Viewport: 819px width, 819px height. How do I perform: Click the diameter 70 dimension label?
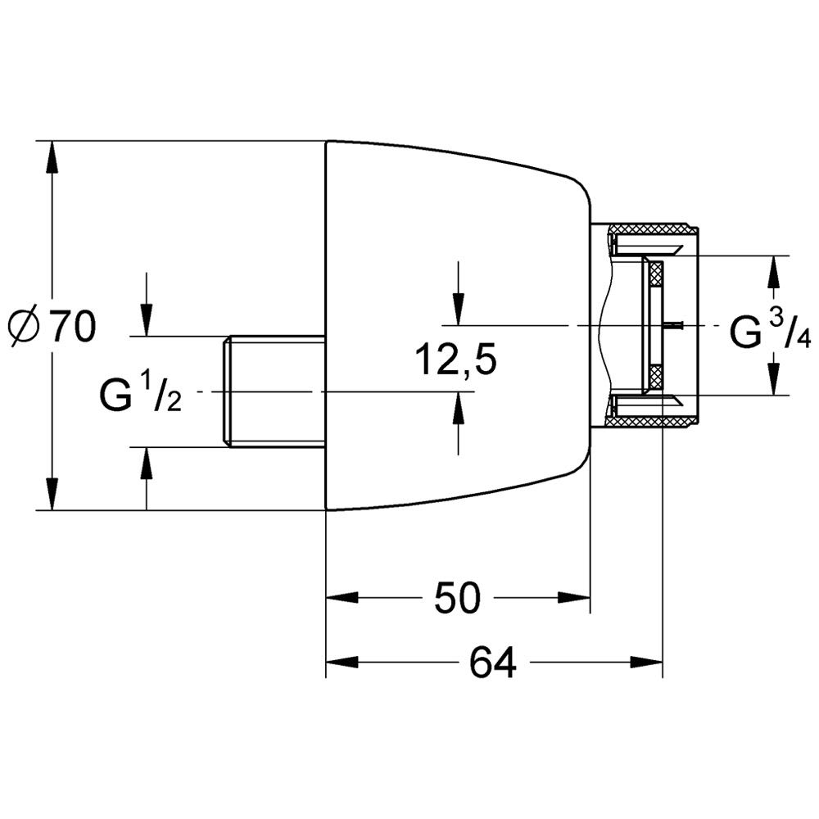click(52, 326)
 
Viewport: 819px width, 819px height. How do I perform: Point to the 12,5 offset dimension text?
click(455, 360)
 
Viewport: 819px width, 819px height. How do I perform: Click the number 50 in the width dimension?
click(456, 598)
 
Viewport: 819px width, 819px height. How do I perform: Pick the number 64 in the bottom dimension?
click(493, 663)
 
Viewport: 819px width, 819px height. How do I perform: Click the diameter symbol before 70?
click(25, 327)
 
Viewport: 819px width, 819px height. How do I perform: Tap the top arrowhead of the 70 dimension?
click(51, 156)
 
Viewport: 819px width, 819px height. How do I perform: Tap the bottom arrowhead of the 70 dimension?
click(51, 494)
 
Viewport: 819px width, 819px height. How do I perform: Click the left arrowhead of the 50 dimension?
click(342, 598)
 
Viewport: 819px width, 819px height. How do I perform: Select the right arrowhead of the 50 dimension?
click(574, 598)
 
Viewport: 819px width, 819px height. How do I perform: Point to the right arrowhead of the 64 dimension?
click(646, 663)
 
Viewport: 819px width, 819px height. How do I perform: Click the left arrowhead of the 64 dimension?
click(342, 663)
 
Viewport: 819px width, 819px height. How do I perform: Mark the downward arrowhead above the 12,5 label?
click(458, 310)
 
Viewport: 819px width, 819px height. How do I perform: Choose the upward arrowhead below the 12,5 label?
click(458, 407)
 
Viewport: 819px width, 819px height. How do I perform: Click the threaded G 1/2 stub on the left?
click(274, 391)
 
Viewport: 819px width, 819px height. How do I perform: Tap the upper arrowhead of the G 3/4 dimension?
click(773, 272)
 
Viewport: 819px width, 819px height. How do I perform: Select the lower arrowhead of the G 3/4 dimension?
click(773, 378)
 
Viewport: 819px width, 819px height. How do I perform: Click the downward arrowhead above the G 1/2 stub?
click(147, 320)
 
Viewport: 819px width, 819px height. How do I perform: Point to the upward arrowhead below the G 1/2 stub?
click(147, 464)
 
